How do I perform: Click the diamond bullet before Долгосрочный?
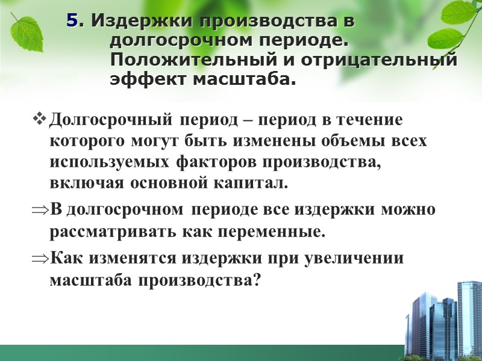pos(40,120)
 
